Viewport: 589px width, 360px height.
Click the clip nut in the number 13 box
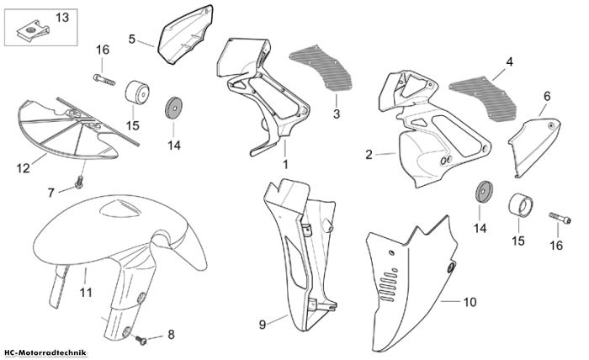coord(33,29)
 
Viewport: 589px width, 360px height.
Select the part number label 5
coord(131,39)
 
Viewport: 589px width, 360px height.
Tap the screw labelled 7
coord(79,182)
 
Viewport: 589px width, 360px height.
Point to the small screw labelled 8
coord(141,341)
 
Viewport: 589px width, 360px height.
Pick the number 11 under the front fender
coord(86,292)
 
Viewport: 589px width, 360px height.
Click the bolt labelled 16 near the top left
coord(104,80)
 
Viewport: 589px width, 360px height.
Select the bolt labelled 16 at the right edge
coord(560,218)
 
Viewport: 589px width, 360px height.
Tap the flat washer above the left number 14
coord(174,109)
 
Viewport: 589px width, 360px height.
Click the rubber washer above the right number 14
coord(484,192)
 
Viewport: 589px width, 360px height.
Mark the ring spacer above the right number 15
coord(521,205)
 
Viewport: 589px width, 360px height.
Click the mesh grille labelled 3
coord(321,67)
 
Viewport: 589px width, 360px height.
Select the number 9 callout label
coord(263,325)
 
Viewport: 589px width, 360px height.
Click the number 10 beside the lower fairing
coord(470,302)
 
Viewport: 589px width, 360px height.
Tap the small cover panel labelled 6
coord(534,147)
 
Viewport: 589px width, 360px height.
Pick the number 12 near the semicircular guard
coord(23,168)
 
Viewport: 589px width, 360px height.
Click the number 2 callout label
coord(369,154)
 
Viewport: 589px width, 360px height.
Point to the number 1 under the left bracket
coord(285,164)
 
